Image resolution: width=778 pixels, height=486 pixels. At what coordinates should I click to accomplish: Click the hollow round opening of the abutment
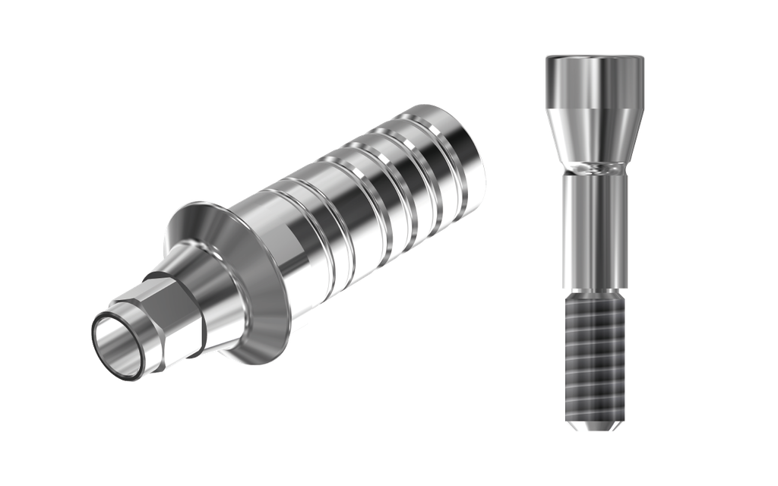point(120,348)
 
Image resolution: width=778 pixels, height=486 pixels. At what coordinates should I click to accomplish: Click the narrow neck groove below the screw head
point(595,166)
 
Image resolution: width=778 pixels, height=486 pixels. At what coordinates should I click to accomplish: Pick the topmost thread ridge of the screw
point(595,302)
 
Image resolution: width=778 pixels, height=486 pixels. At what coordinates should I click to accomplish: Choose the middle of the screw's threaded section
point(595,357)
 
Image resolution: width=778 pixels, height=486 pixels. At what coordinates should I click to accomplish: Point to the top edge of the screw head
point(595,56)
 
